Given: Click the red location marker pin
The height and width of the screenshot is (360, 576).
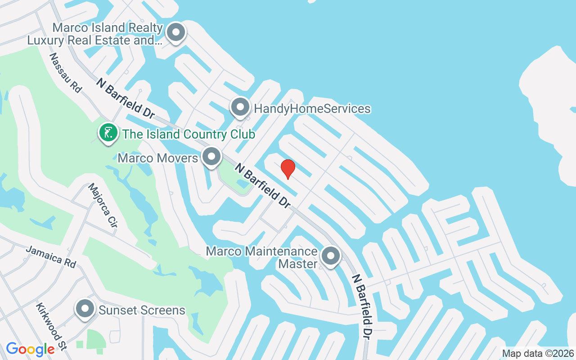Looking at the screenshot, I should click(288, 169).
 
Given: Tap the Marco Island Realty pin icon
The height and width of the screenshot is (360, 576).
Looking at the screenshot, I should click(176, 33).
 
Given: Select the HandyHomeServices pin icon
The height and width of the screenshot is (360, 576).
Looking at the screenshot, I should click(240, 108).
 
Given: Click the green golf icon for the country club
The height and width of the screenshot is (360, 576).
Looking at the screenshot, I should click(108, 133).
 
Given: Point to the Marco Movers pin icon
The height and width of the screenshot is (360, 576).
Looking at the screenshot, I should click(211, 157).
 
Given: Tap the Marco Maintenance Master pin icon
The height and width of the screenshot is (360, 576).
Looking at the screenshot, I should click(331, 256).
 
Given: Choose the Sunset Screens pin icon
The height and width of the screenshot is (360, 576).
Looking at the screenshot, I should click(85, 309).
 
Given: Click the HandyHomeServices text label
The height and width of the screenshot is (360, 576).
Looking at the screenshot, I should click(312, 108).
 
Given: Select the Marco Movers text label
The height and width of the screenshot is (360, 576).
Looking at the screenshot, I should click(157, 158).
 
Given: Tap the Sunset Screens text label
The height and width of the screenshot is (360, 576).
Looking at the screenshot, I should click(142, 310).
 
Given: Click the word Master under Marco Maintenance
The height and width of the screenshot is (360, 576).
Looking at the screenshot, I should click(298, 263).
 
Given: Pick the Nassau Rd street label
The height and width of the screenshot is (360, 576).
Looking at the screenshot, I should click(65, 73).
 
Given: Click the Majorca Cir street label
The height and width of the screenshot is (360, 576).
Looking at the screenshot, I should click(103, 205).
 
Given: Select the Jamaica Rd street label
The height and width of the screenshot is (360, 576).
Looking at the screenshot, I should click(51, 256).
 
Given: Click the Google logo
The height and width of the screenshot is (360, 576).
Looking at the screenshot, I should click(30, 349).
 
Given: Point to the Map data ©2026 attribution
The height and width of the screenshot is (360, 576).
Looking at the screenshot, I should click(538, 354).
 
